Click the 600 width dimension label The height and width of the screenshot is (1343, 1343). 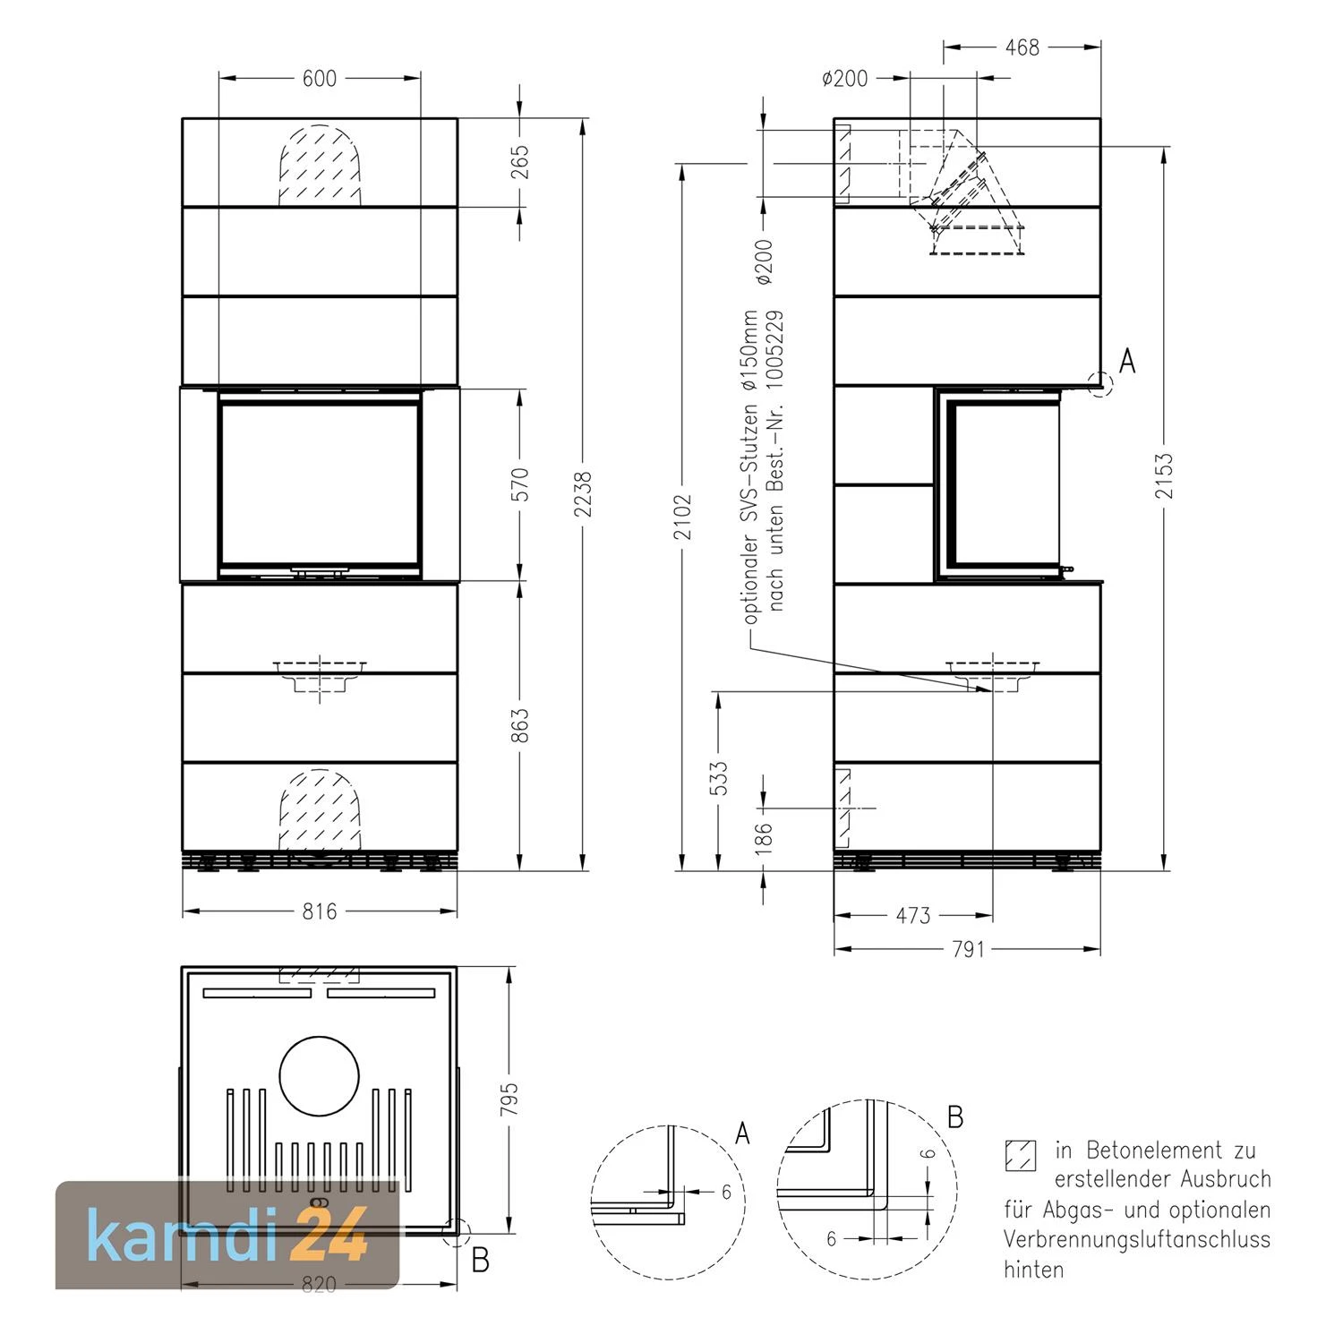(320, 79)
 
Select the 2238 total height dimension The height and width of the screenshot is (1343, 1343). (583, 494)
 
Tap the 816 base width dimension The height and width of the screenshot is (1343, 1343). (320, 911)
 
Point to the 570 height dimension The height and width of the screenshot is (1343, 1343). (521, 484)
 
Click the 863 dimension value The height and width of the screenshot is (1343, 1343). (521, 725)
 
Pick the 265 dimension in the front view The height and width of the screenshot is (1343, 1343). (521, 162)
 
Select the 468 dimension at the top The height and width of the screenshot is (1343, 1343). (1022, 47)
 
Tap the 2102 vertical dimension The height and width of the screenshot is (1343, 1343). (683, 518)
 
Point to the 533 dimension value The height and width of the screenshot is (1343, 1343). (719, 779)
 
